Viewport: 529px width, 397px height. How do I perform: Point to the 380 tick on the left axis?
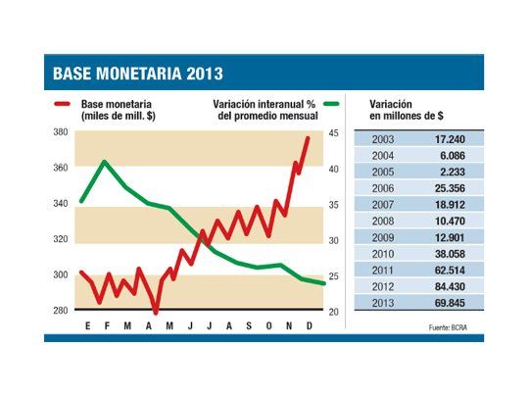coord(61,132)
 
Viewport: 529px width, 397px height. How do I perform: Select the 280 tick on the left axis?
coord(61,311)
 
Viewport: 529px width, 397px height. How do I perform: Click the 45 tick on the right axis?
coord(334,132)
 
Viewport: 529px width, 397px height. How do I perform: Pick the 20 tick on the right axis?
coord(334,311)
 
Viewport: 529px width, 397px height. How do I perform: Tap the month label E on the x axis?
coord(88,325)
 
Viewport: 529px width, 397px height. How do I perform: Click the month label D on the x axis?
coord(310,325)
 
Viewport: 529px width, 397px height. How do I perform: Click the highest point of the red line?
coord(309,138)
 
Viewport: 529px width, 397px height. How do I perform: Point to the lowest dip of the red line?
coord(156,312)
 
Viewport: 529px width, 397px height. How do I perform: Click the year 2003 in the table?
coord(384,139)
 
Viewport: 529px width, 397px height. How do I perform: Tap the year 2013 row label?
coord(384,303)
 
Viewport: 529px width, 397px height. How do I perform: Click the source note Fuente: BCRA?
coord(452,324)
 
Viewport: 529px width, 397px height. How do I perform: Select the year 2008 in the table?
coord(384,222)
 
